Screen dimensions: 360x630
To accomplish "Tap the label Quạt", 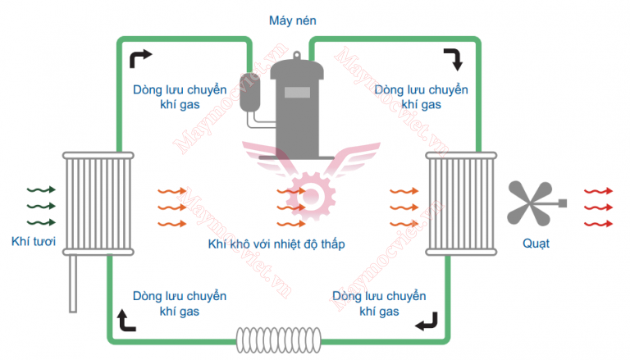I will pos(536,244).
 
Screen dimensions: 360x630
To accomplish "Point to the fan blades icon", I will pos(531,201).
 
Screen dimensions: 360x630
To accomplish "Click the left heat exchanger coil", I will pos(98,201).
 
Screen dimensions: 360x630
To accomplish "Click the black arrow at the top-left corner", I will pos(141,57).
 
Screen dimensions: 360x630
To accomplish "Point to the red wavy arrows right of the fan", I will pos(598,206).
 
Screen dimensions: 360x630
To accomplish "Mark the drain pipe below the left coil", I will pos(73,282).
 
